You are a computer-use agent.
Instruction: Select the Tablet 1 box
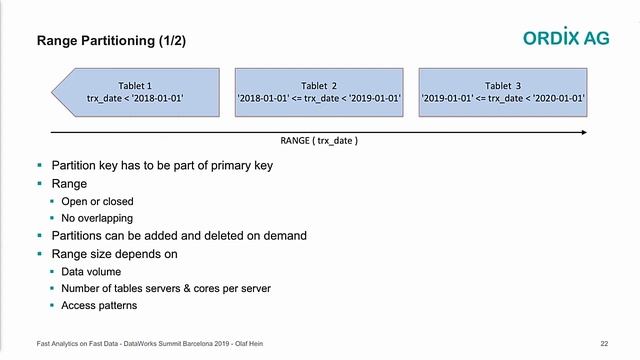pos(135,92)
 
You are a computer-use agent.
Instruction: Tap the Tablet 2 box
pos(318,92)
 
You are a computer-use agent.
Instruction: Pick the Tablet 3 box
pos(503,92)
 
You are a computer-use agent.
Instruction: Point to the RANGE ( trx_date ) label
pos(319,141)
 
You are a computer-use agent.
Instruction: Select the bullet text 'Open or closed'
pos(96,201)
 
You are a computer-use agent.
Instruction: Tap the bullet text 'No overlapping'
pos(97,218)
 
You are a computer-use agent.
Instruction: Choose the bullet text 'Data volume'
pos(91,271)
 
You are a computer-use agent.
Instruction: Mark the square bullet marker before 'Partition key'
pos(40,165)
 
